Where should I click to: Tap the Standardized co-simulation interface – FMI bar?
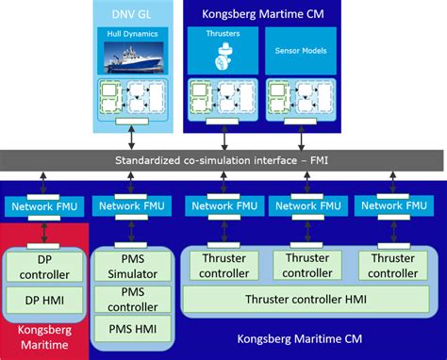(x=223, y=160)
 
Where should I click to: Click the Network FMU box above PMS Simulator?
(x=133, y=206)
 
